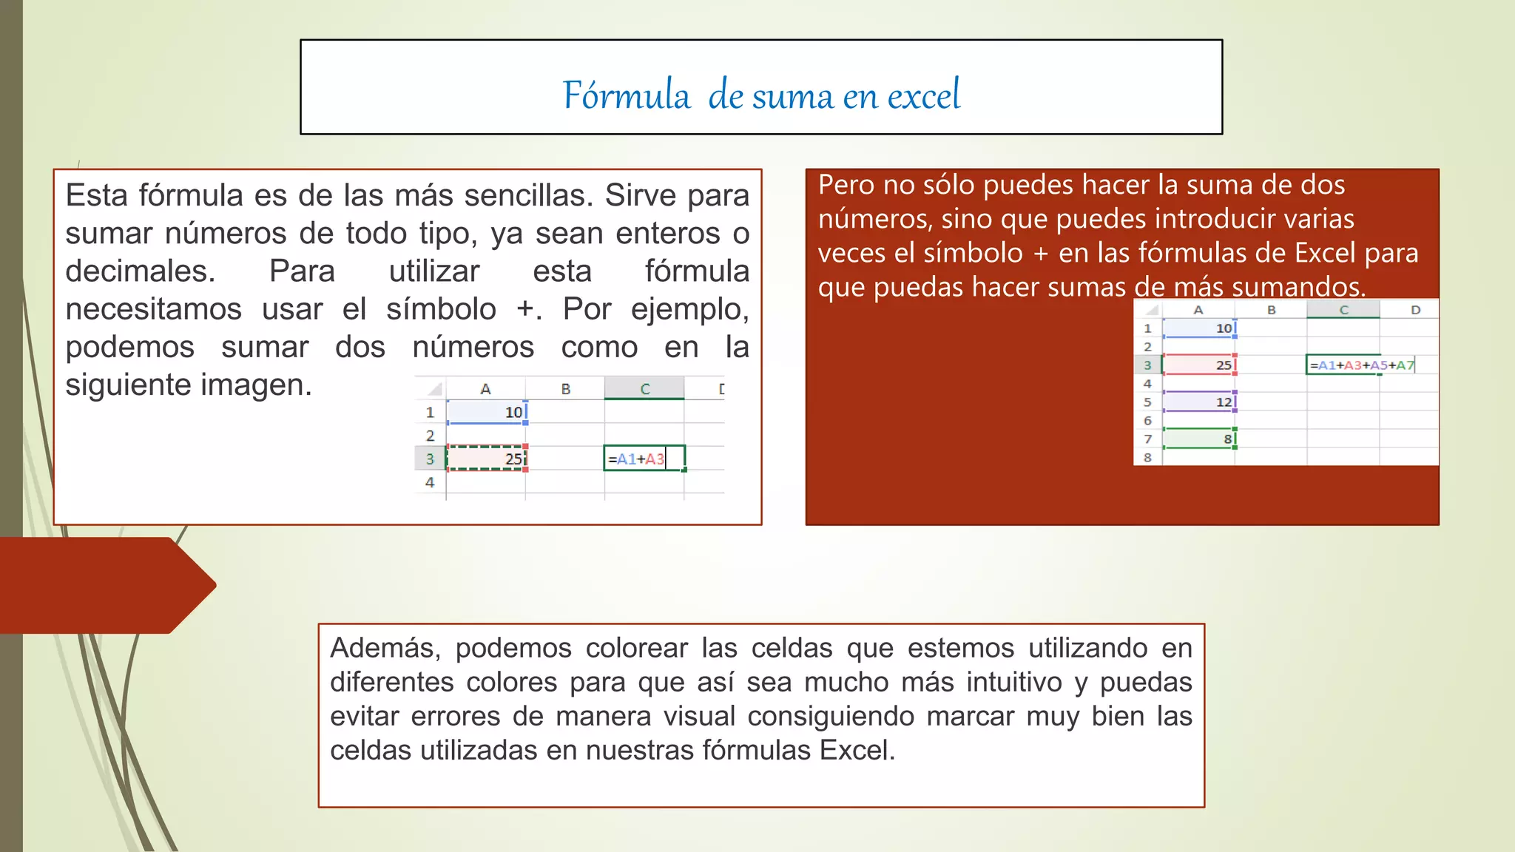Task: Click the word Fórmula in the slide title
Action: tap(626, 95)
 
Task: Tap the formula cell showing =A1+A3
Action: tap(644, 459)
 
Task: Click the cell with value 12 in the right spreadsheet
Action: tap(1199, 402)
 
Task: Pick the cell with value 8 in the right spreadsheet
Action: tap(1199, 439)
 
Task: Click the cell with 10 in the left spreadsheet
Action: tap(486, 412)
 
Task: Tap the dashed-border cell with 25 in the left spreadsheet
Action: tap(486, 459)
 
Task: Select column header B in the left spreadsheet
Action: tap(565, 389)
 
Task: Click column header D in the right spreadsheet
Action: tap(1415, 310)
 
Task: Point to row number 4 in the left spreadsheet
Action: tap(430, 482)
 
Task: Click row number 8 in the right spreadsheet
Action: tap(1147, 458)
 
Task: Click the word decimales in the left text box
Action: tap(140, 271)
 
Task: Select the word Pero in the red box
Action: tap(846, 185)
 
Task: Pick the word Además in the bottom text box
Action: tap(385, 648)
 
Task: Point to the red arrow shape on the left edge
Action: tap(104, 585)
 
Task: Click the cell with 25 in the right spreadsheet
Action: tap(1199, 365)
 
